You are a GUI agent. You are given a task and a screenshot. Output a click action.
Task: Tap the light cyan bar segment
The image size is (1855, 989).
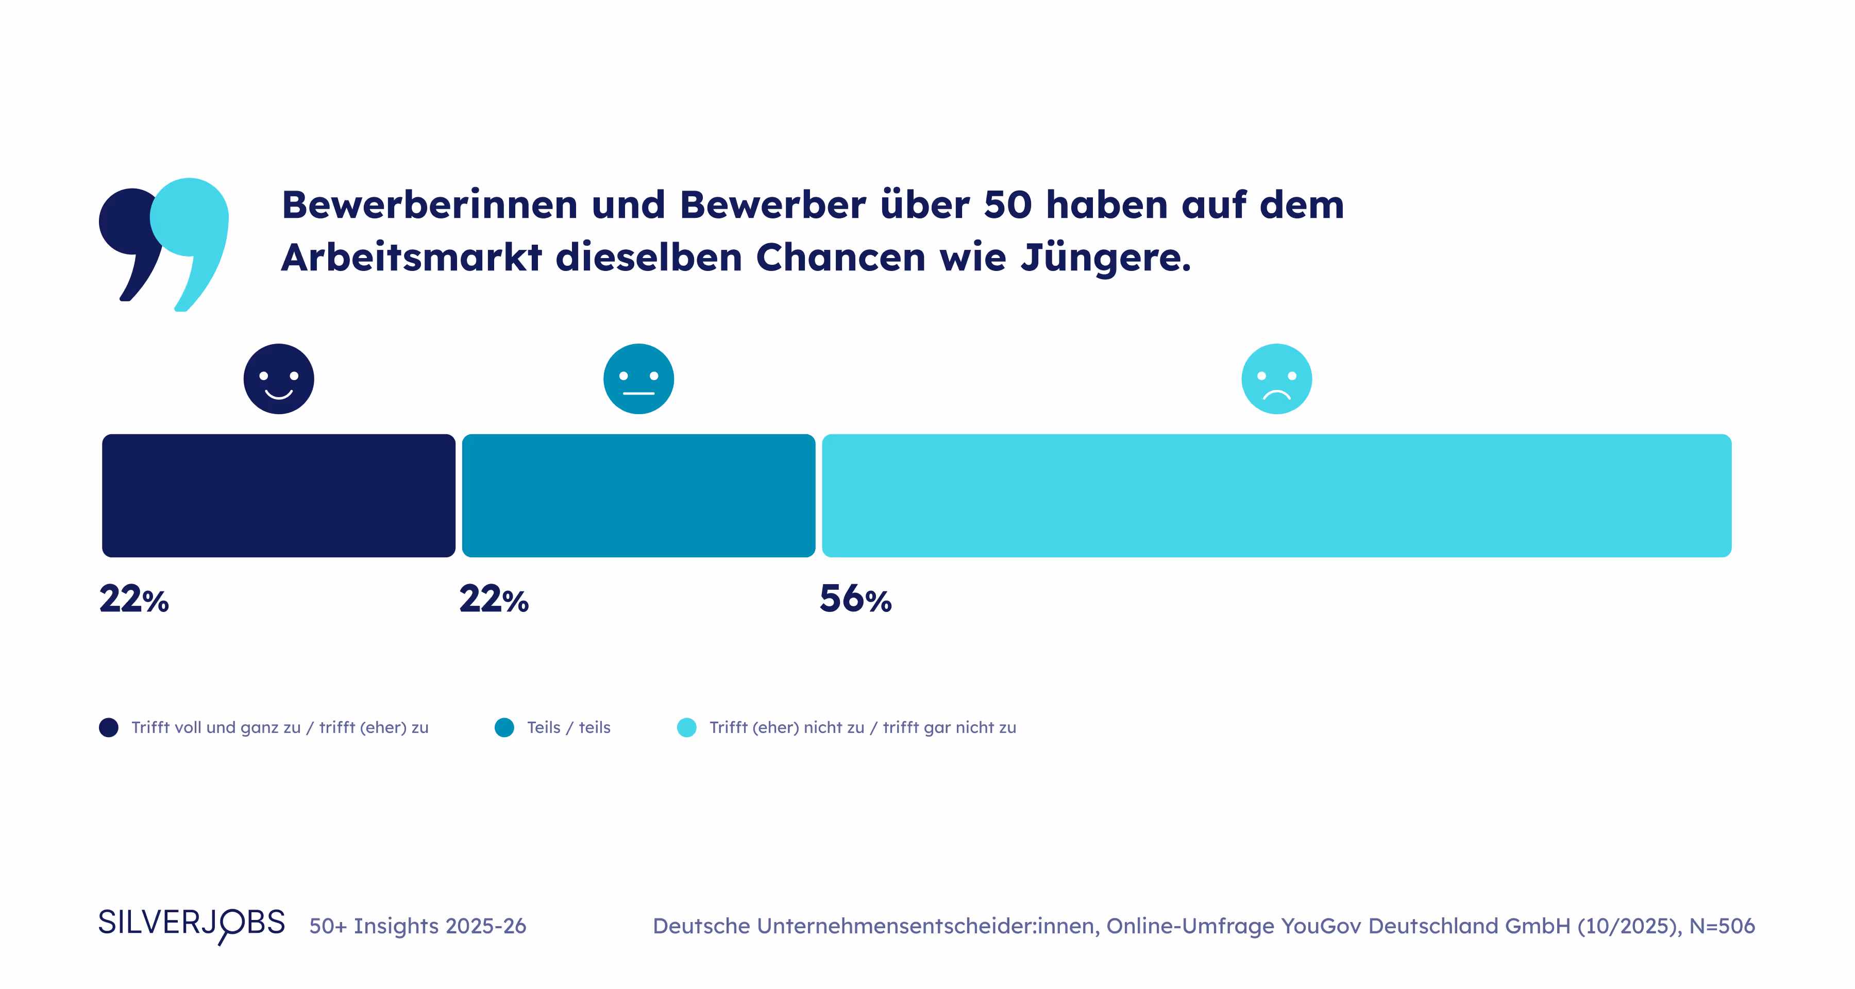click(1276, 495)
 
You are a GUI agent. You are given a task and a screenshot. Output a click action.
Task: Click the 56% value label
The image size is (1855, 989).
click(855, 599)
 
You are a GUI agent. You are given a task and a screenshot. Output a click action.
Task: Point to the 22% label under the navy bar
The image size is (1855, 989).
click(134, 599)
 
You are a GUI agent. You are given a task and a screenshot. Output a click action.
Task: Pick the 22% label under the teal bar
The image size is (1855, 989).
click(494, 599)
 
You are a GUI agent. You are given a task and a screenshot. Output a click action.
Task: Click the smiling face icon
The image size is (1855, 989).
click(279, 379)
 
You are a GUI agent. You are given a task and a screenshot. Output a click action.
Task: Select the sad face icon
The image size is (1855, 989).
click(1276, 379)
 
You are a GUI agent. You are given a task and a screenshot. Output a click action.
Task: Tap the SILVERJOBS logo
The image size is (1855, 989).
click(192, 924)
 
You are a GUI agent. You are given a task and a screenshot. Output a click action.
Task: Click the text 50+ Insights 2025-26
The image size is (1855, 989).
click(418, 926)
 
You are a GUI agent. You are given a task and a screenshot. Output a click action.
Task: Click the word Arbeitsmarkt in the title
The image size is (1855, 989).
click(411, 257)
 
